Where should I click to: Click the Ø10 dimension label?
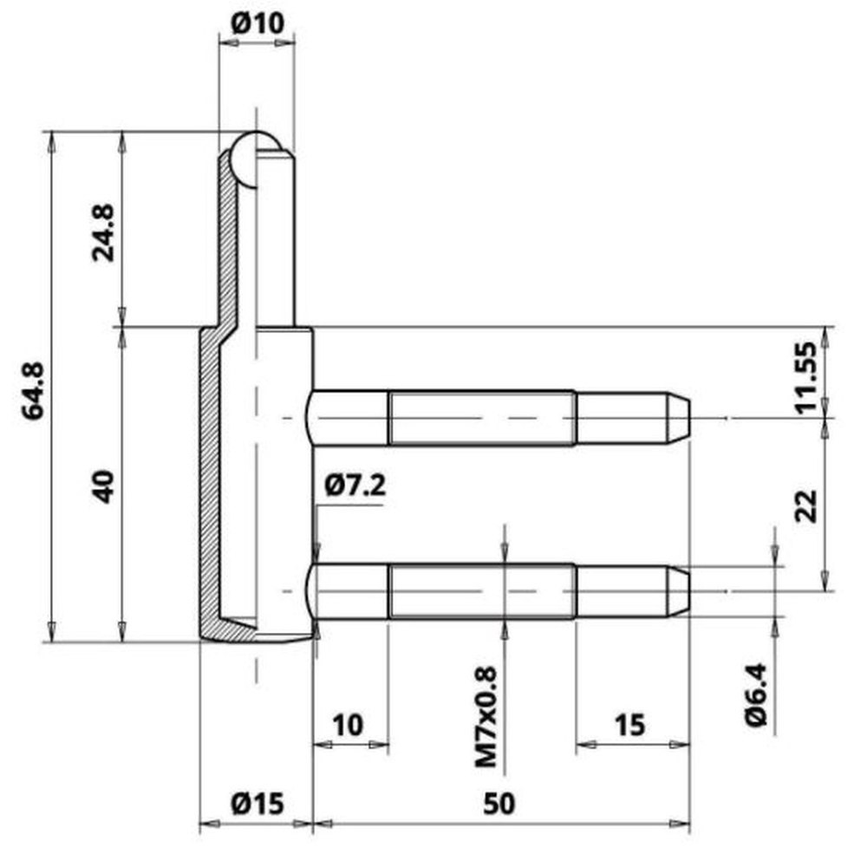(x=257, y=23)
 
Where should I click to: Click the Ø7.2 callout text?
(x=355, y=486)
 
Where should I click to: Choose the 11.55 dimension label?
(x=805, y=378)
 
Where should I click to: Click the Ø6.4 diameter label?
(x=756, y=694)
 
